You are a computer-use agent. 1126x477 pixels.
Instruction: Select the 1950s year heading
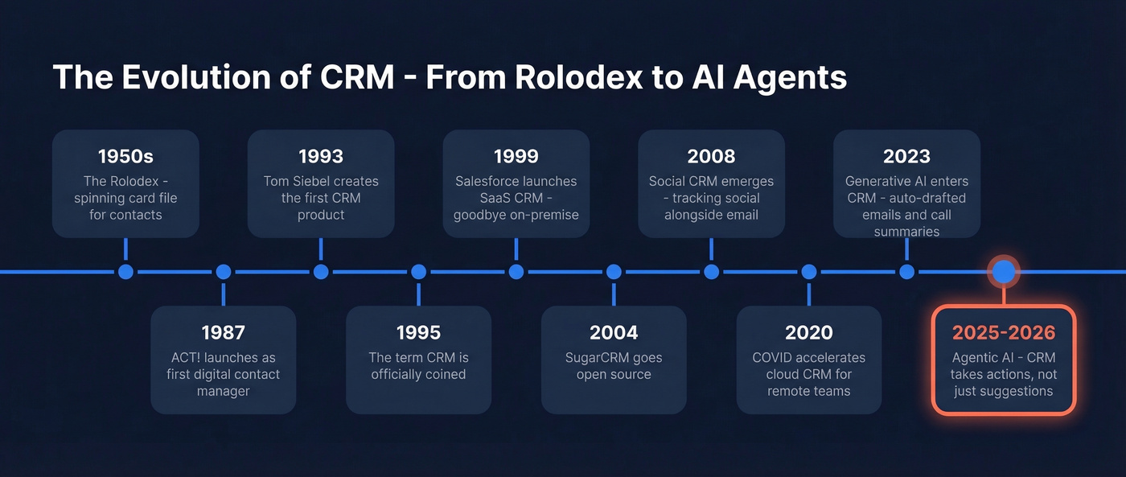[125, 156]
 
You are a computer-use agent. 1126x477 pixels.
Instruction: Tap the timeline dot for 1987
[224, 272]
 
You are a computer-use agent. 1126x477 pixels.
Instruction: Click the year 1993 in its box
[321, 156]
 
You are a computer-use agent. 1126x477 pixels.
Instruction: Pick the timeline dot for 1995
[418, 272]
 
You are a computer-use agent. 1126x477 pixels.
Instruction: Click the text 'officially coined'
[418, 374]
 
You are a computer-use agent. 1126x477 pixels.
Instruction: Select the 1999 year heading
[516, 156]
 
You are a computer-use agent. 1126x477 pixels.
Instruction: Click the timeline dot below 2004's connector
[614, 272]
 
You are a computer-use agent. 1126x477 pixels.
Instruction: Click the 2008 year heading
[711, 156]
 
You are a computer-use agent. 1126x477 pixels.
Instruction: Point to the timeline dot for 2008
[711, 272]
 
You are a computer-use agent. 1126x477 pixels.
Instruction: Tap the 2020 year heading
[808, 332]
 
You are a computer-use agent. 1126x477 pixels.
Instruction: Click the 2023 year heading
[906, 156]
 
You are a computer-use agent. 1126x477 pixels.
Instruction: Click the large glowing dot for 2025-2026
[1004, 272]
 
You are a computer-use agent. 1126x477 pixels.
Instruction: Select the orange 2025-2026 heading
[1004, 332]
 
